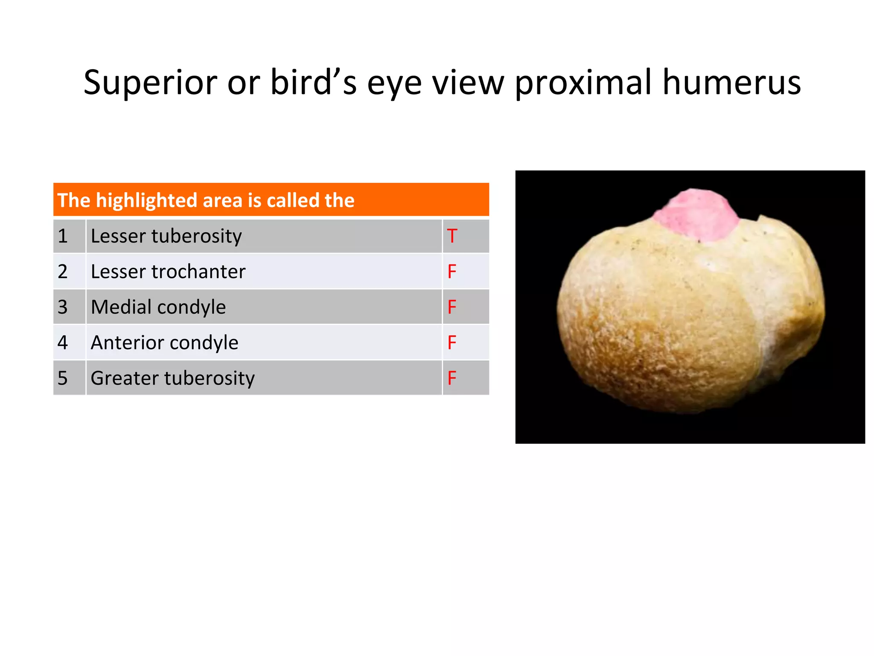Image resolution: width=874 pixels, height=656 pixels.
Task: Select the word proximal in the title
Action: (583, 83)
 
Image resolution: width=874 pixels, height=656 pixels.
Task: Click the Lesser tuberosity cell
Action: (166, 236)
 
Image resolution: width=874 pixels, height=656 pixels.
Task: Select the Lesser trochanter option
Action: (168, 272)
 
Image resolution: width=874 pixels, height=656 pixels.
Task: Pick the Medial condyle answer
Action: (158, 307)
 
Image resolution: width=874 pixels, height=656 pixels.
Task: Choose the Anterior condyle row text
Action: (165, 343)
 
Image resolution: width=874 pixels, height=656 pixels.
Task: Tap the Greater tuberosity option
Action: (173, 378)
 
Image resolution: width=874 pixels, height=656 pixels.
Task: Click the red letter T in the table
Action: (452, 236)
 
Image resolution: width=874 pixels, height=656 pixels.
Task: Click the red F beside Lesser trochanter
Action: (452, 272)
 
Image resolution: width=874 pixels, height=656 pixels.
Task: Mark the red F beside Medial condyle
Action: (452, 307)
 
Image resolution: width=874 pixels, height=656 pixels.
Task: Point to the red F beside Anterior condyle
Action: (452, 343)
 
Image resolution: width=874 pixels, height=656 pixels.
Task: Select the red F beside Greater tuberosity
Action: (452, 378)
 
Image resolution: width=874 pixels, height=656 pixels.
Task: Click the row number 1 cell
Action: (63, 236)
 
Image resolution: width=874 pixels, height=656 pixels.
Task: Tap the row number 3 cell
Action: (63, 307)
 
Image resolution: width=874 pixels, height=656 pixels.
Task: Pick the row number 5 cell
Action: (63, 378)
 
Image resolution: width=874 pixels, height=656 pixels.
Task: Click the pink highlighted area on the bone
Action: (696, 216)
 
